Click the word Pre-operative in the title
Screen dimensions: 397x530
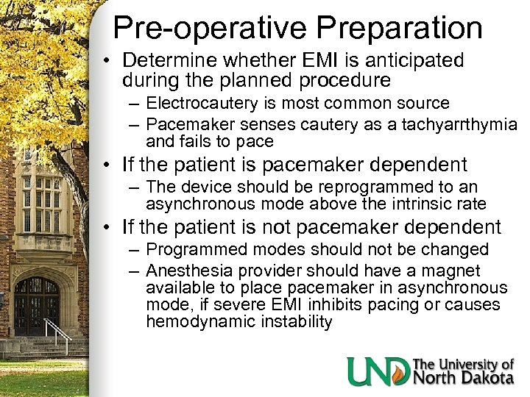click(198, 27)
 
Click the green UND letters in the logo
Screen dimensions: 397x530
click(378, 371)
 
